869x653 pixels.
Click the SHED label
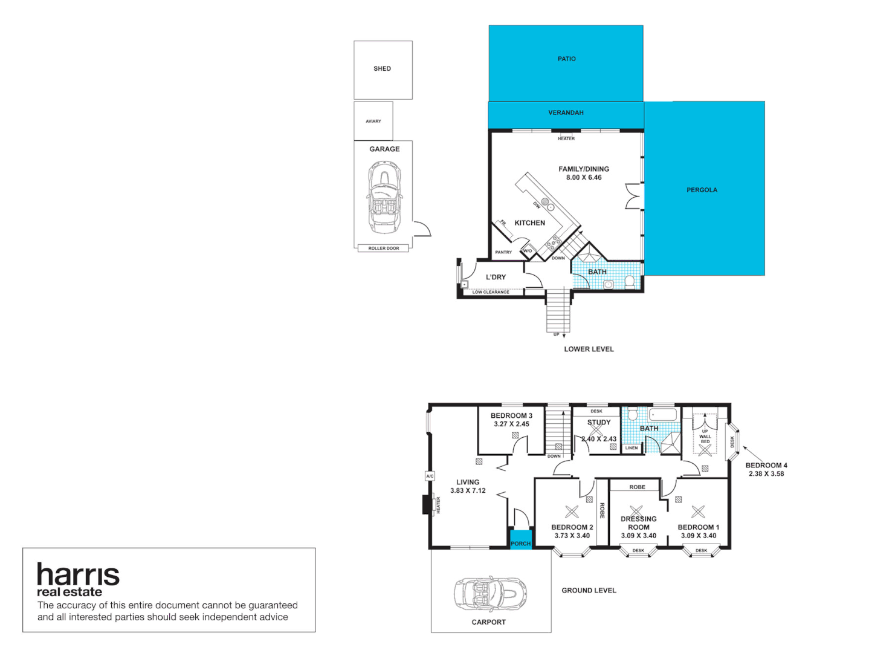[382, 69]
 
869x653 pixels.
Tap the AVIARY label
[373, 122]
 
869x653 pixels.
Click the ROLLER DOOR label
[384, 249]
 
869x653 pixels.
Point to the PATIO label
[566, 59]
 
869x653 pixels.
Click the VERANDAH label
[566, 113]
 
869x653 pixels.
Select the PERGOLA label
[702, 190]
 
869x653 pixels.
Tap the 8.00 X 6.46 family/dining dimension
[584, 178]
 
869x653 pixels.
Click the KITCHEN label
[529, 223]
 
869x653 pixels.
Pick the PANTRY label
[503, 252]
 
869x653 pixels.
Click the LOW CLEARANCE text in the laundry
[491, 293]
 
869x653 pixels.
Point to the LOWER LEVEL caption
[589, 349]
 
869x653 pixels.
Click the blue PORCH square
[520, 539]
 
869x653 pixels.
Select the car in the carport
[490, 594]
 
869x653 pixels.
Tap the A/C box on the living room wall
[430, 476]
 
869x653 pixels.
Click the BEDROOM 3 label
[511, 416]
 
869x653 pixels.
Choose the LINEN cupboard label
[632, 448]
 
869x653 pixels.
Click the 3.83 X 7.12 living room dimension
[468, 491]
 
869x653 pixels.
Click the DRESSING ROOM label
[639, 523]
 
